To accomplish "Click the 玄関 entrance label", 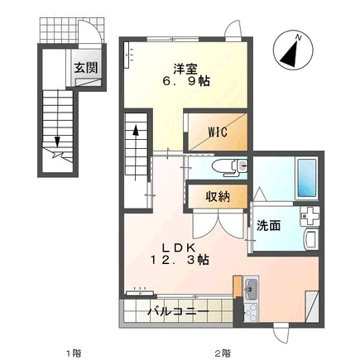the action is (x=86, y=68).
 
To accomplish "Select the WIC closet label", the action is (x=218, y=132).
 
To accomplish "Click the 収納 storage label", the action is (x=218, y=196).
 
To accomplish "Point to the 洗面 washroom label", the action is (x=269, y=226).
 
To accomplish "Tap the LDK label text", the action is (x=179, y=247).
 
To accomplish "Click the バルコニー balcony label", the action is (x=178, y=312).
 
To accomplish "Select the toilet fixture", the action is (x=229, y=167).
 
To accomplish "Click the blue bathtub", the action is (x=306, y=178).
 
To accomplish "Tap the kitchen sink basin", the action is (x=251, y=289).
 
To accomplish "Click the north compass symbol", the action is (x=293, y=50).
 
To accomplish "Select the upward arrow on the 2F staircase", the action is (x=136, y=151).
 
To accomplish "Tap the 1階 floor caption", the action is (x=74, y=353).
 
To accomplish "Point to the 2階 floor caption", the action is (x=223, y=353).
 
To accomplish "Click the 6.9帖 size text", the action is (x=185, y=81).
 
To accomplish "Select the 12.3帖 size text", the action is (x=179, y=260).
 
